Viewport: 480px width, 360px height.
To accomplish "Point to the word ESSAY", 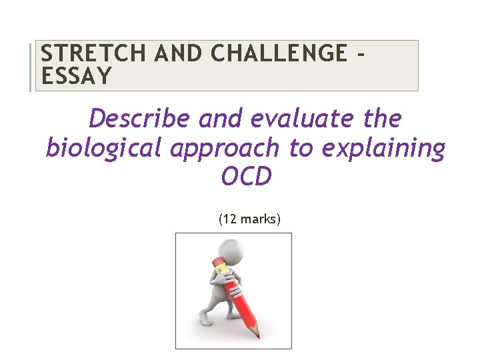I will coord(75,77).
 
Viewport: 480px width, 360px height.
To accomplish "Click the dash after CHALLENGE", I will coord(360,53).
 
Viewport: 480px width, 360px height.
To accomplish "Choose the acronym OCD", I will coord(246,177).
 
